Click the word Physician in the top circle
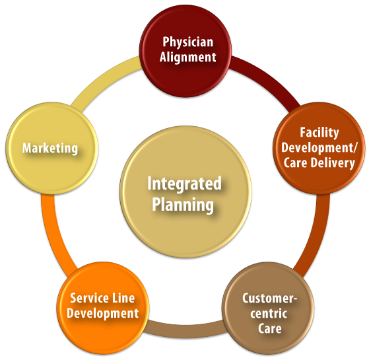point(187,42)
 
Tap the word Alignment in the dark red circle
point(187,57)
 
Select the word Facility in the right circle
point(319,133)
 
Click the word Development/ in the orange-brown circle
point(319,147)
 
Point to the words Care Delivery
point(319,162)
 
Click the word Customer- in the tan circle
point(269,299)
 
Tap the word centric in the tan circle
point(269,313)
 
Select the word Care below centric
point(269,328)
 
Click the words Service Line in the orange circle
point(102,299)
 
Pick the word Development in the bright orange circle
point(102,313)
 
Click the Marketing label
point(50,148)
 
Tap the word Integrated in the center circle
point(184,183)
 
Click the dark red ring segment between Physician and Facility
point(264,80)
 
